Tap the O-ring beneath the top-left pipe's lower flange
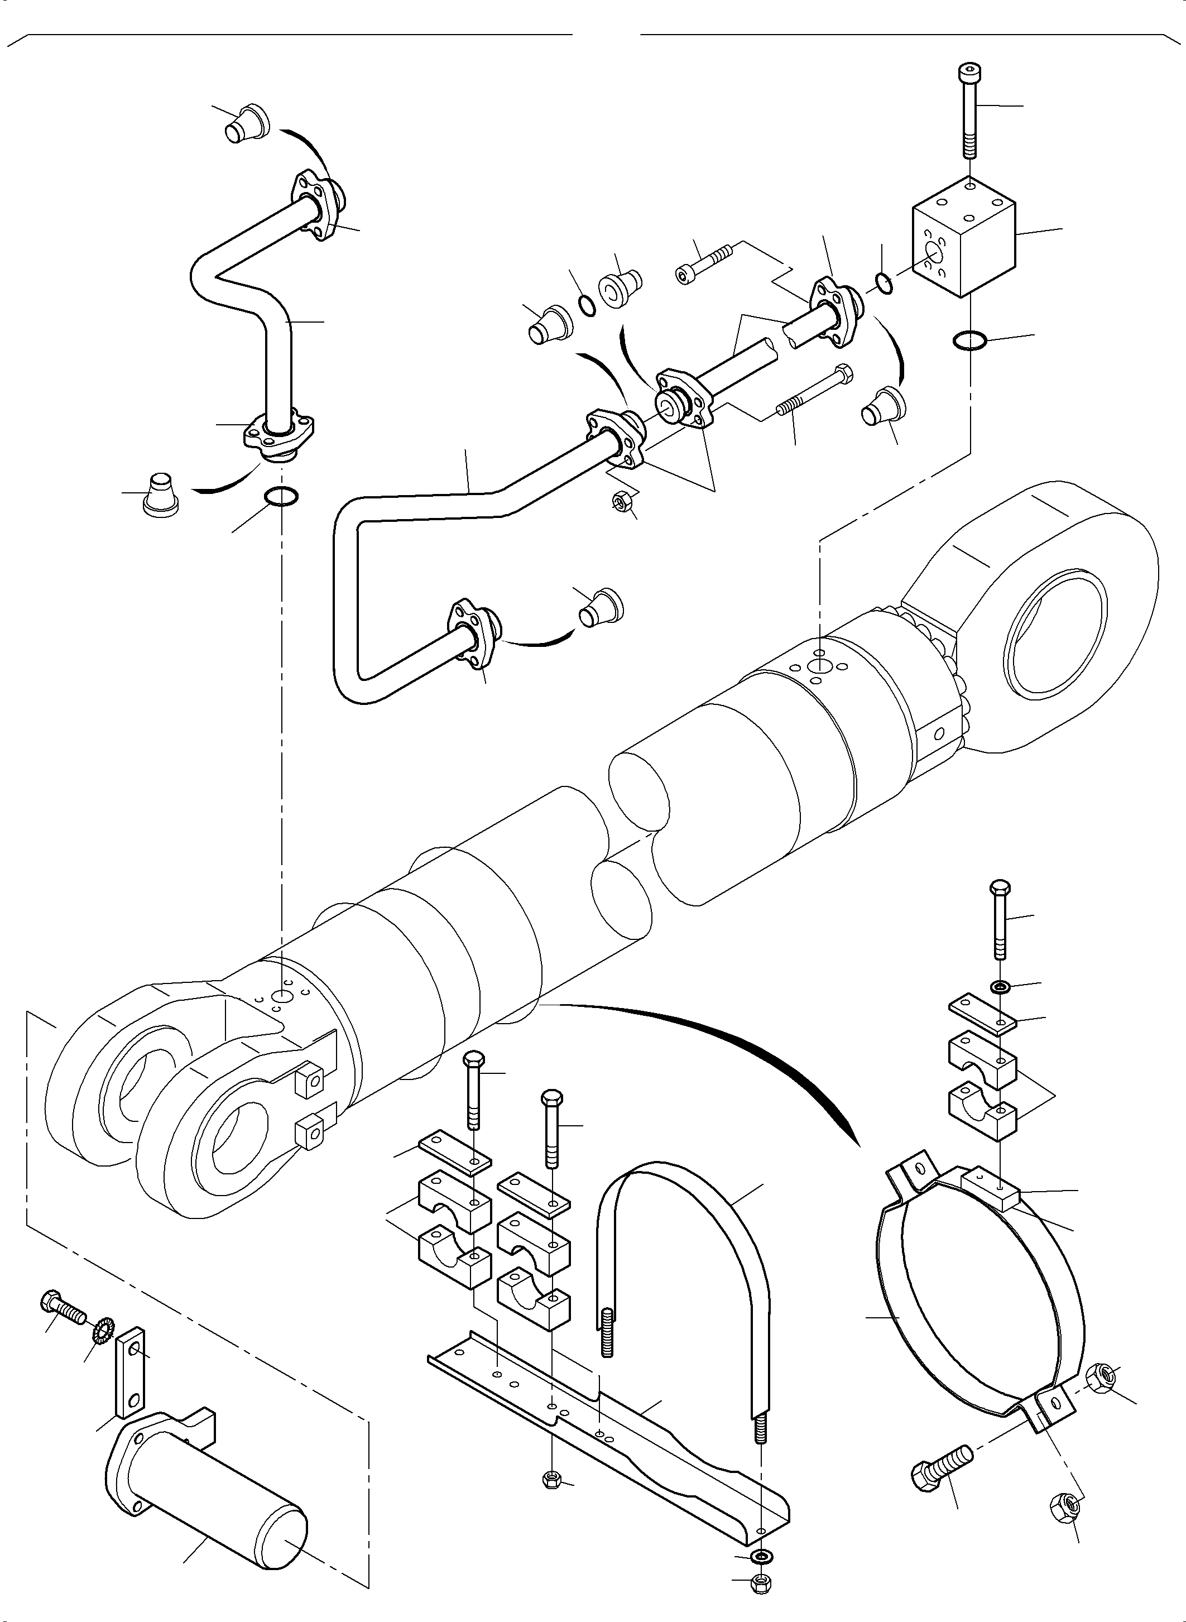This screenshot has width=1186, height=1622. pos(281,496)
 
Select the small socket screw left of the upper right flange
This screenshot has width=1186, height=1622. pos(704,263)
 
